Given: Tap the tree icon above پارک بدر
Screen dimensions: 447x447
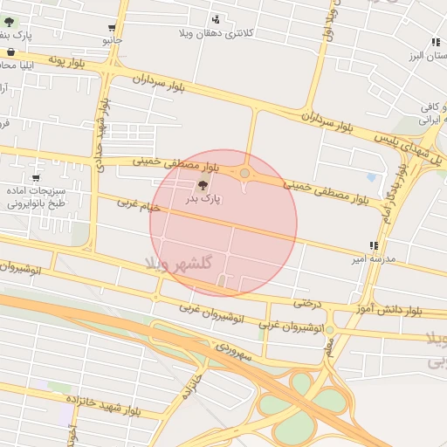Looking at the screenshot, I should pyautogui.click(x=203, y=183).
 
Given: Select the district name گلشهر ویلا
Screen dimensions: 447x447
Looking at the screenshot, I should pyautogui.click(x=182, y=264).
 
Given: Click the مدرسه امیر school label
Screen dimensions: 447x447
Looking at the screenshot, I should pyautogui.click(x=374, y=259).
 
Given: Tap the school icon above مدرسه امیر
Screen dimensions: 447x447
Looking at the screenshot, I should pyautogui.click(x=374, y=245).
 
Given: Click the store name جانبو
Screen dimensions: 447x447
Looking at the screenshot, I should pyautogui.click(x=113, y=40).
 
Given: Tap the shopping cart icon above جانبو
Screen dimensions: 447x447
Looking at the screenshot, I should pyautogui.click(x=113, y=27).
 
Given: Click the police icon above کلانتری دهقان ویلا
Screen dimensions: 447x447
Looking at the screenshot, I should pyautogui.click(x=216, y=18).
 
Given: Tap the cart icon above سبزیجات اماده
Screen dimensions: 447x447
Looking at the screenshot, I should pyautogui.click(x=35, y=178).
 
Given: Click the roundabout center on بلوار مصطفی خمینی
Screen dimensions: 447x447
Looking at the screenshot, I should pyautogui.click(x=244, y=174).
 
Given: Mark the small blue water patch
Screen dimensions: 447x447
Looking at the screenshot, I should pyautogui.click(x=372, y=177).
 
